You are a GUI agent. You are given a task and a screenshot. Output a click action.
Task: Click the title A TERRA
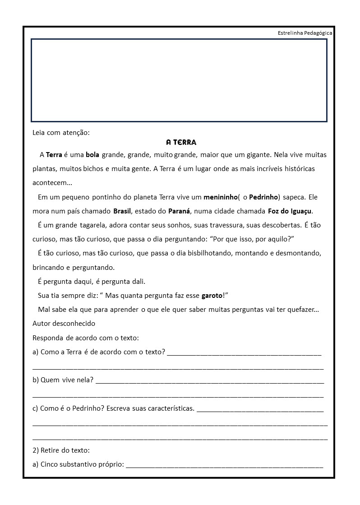[181, 143]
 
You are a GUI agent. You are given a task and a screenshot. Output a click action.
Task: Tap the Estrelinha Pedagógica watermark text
[305, 33]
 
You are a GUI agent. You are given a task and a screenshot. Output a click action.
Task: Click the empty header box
[179, 80]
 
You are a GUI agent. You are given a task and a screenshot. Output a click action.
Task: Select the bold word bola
[92, 155]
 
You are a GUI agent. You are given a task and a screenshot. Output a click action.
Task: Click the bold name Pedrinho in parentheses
[263, 197]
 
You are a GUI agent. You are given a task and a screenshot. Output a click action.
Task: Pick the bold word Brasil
[122, 211]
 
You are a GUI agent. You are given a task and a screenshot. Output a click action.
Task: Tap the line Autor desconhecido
[64, 324]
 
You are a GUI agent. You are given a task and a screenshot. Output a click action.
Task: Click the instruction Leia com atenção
[61, 133]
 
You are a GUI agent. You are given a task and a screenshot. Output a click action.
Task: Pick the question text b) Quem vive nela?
[63, 380]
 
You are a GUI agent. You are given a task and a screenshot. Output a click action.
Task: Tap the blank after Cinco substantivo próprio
[224, 465]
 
